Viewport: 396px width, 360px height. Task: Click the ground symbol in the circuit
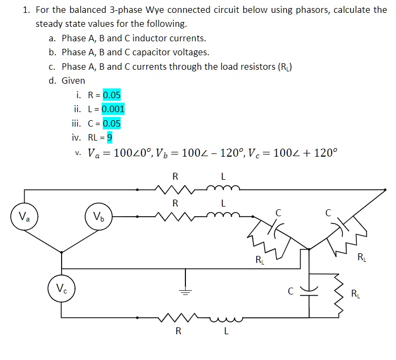[x=185, y=292]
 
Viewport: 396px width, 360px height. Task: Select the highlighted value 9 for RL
[x=109, y=137]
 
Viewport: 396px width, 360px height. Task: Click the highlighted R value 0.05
[x=112, y=95]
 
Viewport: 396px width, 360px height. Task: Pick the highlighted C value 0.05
[x=112, y=123]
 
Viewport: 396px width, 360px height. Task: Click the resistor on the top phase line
[x=175, y=189]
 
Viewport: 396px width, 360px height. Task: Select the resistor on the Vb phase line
[x=175, y=217]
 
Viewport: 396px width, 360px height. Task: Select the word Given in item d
[x=73, y=80]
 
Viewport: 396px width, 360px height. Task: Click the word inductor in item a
[x=151, y=38]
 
